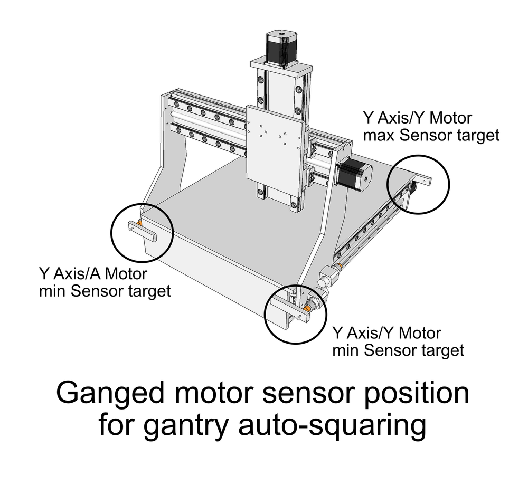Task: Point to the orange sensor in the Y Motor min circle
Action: [306, 309]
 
